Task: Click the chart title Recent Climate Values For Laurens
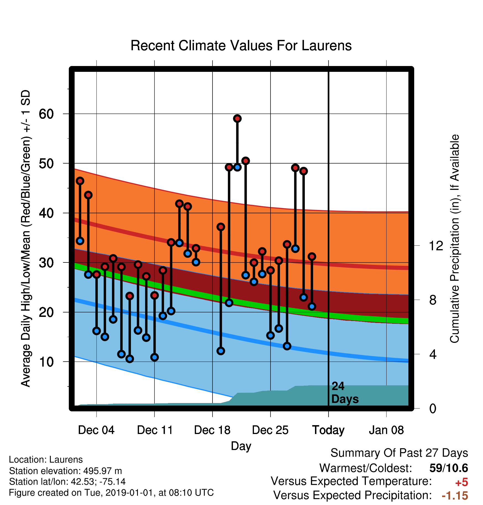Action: (241, 46)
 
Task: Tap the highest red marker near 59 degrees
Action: (237, 119)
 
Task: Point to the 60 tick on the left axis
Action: (46, 114)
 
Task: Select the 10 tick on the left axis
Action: (46, 362)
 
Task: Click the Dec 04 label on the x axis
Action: (96, 430)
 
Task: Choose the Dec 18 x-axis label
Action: (212, 430)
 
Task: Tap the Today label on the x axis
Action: (328, 430)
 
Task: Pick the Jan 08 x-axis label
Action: (386, 430)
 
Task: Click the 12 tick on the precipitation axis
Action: (436, 246)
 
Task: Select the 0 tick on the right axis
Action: (433, 408)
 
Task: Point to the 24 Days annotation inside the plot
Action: (345, 393)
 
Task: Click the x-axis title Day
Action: (241, 446)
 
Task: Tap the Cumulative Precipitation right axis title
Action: (455, 239)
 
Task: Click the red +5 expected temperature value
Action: (461, 483)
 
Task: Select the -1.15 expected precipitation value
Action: (455, 496)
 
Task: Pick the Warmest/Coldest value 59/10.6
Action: (449, 468)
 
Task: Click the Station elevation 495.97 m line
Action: (65, 471)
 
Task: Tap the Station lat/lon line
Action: (67, 482)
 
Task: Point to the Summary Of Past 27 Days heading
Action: (399, 453)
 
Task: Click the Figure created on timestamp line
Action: (111, 493)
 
